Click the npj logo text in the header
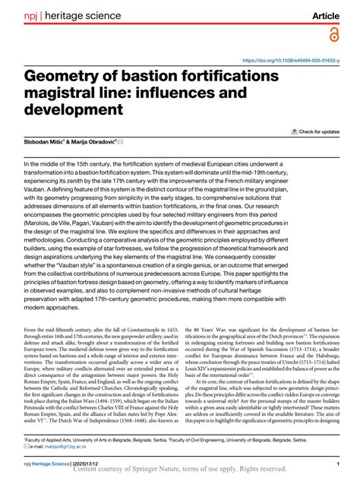(x=32, y=16)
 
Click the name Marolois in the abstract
(x=44, y=220)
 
